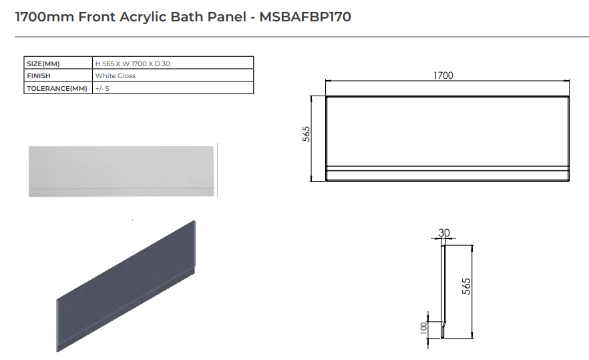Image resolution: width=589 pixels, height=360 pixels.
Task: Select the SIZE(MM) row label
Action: (x=43, y=63)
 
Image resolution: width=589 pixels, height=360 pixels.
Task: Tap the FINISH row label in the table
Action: (x=39, y=76)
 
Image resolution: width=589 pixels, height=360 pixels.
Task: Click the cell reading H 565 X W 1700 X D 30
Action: (x=137, y=63)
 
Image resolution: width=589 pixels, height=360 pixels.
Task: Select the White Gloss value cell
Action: (x=116, y=76)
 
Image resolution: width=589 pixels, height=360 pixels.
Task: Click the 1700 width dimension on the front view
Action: (x=443, y=75)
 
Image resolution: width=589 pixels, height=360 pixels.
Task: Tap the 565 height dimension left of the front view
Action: (x=307, y=134)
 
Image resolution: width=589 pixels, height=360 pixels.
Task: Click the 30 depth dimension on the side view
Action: (x=444, y=233)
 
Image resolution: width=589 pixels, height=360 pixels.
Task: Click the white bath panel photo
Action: (x=122, y=171)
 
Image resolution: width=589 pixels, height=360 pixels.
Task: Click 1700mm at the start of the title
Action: (x=44, y=17)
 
